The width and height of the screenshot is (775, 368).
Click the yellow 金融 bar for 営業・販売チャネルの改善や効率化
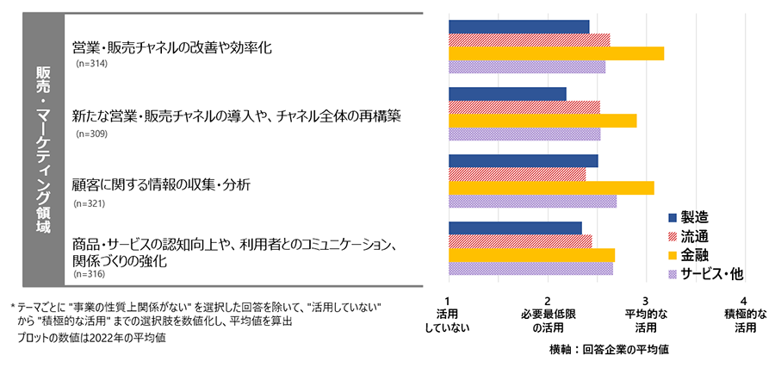pos(556,53)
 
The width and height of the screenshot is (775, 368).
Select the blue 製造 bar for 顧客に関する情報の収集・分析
pos(524,161)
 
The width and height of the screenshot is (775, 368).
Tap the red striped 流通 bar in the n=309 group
pos(524,107)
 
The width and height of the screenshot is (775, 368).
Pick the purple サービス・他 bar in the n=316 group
pos(531,268)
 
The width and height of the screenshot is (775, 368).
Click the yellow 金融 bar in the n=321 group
pos(552,188)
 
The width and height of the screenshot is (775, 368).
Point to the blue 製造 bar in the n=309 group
pos(508,93)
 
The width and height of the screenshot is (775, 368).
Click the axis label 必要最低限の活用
pos(548,321)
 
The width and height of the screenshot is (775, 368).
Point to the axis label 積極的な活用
pos(745,321)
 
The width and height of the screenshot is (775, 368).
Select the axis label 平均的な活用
pos(646,321)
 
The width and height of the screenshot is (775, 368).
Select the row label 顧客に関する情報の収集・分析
pos(162,184)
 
